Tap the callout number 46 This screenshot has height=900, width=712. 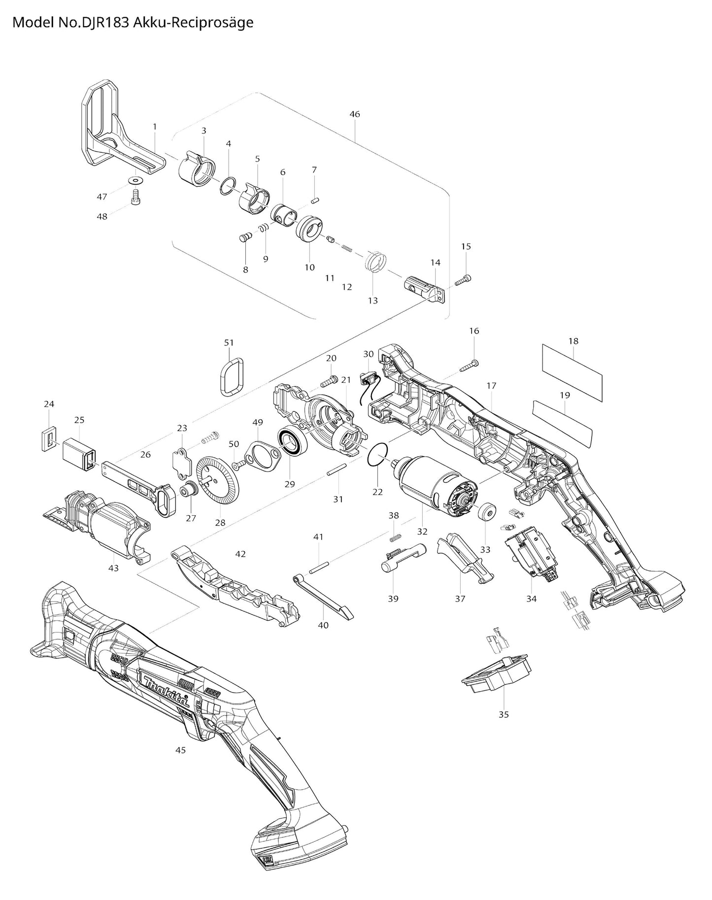(354, 114)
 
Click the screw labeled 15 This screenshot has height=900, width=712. (463, 280)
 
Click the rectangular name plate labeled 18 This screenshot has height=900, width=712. (572, 372)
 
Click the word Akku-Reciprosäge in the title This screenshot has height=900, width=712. (194, 23)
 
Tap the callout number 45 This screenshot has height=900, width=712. (180, 750)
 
